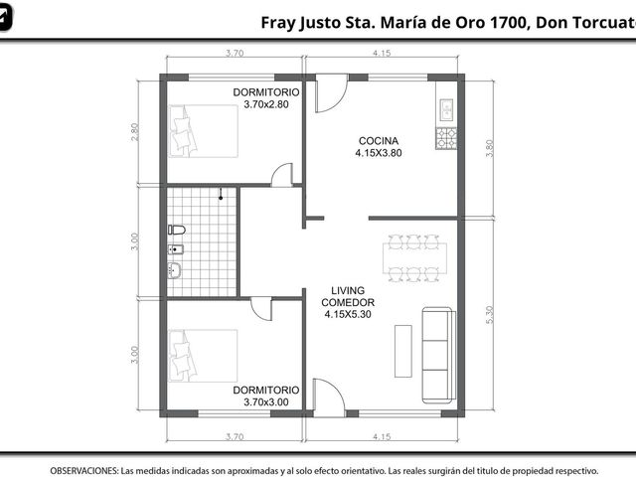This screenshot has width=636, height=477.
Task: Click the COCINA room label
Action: (379, 141)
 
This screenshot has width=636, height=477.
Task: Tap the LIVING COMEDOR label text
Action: (348, 296)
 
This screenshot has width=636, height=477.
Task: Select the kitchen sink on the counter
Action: (446, 109)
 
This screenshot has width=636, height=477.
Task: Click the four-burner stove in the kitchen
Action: (446, 138)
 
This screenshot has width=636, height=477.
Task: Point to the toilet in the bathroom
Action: (177, 230)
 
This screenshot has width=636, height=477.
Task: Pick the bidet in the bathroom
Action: (176, 249)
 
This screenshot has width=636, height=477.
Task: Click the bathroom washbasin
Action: (175, 270)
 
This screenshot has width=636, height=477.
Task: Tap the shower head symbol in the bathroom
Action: (221, 194)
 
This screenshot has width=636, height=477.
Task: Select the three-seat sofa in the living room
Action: (438, 356)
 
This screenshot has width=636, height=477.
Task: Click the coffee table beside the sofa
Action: (403, 351)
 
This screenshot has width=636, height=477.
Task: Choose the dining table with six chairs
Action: (414, 258)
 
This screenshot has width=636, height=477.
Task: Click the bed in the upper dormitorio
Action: (203, 131)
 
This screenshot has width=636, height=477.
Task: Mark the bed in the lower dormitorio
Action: (203, 356)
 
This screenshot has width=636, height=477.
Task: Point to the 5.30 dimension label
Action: (490, 314)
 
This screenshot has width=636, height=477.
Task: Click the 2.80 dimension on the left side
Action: (135, 132)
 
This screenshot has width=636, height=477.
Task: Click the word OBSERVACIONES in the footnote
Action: (84, 471)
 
